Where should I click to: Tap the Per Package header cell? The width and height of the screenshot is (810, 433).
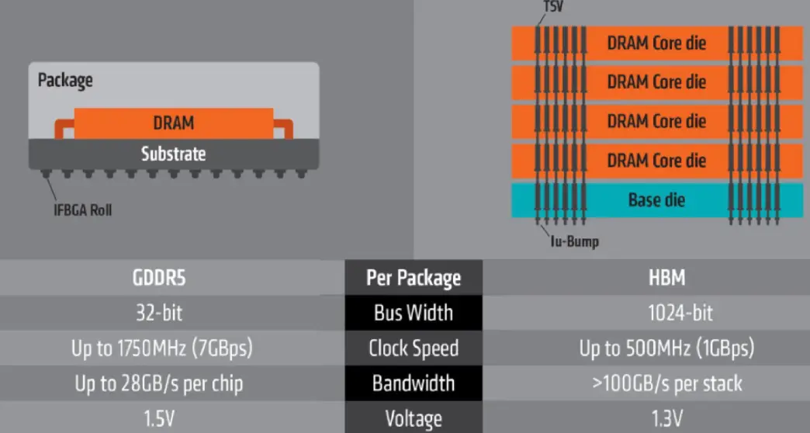(x=413, y=278)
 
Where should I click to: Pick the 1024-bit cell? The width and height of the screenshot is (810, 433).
(x=666, y=313)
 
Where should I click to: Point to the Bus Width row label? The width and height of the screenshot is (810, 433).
(x=413, y=313)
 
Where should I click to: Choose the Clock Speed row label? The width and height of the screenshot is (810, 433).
(x=413, y=348)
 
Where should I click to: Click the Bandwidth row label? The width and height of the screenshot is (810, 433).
(x=413, y=383)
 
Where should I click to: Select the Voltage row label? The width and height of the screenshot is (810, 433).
(x=413, y=419)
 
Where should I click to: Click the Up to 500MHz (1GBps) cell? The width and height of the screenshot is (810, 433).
(x=666, y=348)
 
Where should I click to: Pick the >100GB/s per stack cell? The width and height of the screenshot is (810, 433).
(x=666, y=383)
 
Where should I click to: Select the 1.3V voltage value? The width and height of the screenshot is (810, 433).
(x=666, y=419)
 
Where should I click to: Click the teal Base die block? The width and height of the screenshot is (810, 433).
(x=656, y=200)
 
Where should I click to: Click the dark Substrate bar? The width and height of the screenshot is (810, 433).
(x=173, y=154)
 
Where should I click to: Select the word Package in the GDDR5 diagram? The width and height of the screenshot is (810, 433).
(x=65, y=80)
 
